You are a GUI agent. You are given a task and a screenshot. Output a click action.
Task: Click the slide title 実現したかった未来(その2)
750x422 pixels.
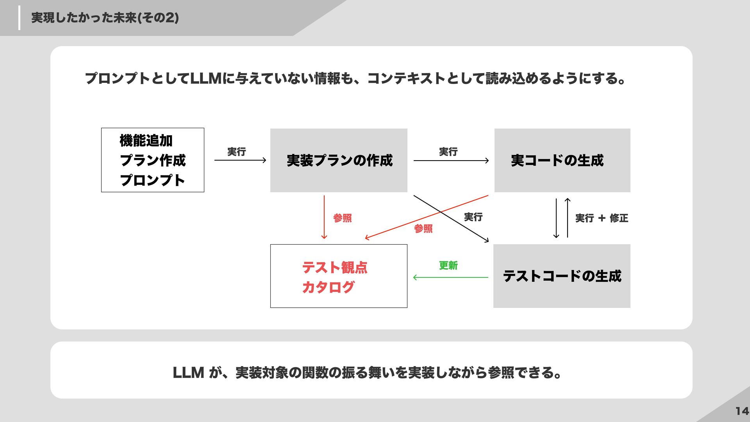pyautogui.click(x=105, y=18)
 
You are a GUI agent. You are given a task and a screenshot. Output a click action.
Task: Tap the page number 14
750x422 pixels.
pyautogui.click(x=742, y=411)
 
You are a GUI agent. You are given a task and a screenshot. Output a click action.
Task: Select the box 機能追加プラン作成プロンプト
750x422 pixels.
pyautogui.click(x=152, y=160)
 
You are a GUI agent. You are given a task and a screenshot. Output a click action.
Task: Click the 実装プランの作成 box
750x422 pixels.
pyautogui.click(x=339, y=160)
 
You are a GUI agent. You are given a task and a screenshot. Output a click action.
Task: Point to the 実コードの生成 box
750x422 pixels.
pyautogui.click(x=562, y=160)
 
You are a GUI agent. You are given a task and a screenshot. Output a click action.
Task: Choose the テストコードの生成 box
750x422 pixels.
pyautogui.click(x=562, y=276)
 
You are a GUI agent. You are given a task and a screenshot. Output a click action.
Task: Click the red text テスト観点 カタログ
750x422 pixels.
pyautogui.click(x=334, y=277)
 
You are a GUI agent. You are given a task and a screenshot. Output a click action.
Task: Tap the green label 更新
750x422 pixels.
pyautogui.click(x=448, y=266)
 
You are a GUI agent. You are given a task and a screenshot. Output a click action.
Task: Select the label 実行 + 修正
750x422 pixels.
pyautogui.click(x=602, y=218)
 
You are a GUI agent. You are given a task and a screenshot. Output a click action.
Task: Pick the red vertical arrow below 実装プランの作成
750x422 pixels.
pyautogui.click(x=324, y=217)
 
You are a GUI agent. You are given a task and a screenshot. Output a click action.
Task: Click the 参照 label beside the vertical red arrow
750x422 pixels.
pyautogui.click(x=343, y=218)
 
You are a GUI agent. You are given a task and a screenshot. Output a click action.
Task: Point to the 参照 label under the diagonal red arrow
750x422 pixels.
pyautogui.click(x=423, y=229)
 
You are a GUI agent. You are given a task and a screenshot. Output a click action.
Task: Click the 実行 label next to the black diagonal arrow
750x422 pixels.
pyautogui.click(x=473, y=217)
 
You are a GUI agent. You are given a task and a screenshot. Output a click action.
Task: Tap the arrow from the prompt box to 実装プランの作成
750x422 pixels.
pyautogui.click(x=240, y=160)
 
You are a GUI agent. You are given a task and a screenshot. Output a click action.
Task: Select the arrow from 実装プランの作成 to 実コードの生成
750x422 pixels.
pyautogui.click(x=451, y=160)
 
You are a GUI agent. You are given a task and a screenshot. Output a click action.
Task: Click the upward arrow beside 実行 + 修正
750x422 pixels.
pyautogui.click(x=568, y=218)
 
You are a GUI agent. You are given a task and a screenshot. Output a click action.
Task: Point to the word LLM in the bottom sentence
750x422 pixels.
pyautogui.click(x=188, y=373)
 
